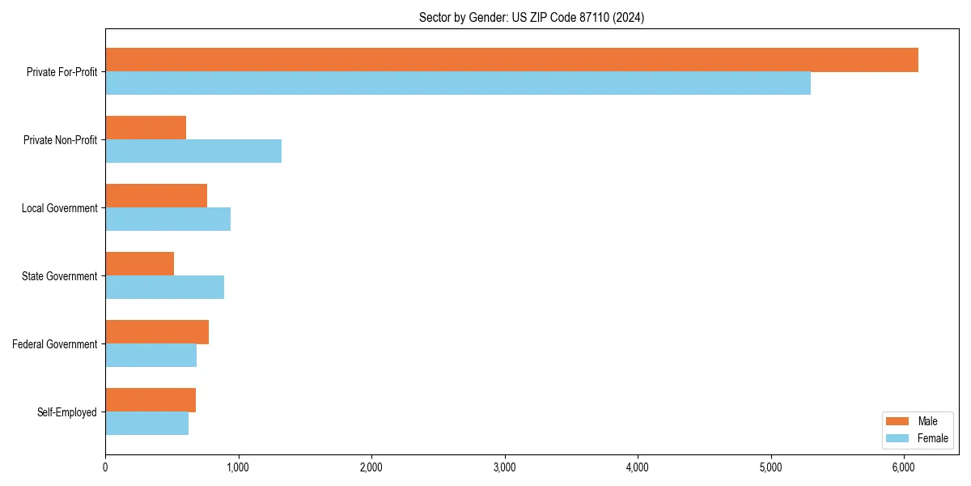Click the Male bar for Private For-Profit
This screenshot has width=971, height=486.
click(511, 60)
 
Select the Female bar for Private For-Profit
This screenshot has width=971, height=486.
click(458, 83)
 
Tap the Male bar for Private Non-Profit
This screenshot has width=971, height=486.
click(146, 128)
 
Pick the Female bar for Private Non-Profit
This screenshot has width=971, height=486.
click(193, 151)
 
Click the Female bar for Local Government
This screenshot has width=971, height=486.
click(167, 220)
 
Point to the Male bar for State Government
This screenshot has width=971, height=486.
click(139, 264)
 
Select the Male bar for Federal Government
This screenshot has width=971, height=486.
click(157, 332)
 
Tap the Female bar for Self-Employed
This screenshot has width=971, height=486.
click(146, 424)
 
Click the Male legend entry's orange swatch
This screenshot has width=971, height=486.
click(898, 421)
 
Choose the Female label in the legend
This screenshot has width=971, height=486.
click(932, 438)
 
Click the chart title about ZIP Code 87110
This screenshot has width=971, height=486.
click(532, 17)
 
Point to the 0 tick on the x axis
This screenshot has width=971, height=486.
click(105, 467)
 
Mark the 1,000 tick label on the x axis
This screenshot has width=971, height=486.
click(238, 467)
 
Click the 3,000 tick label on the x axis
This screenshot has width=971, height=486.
click(504, 467)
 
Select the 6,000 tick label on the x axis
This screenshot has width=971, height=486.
click(904, 467)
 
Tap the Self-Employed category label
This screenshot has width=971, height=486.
click(67, 412)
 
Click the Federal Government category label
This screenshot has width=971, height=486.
click(55, 344)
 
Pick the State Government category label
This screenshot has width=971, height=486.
click(60, 276)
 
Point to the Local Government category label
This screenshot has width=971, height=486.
click(60, 208)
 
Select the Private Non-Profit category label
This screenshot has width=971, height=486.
click(61, 140)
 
